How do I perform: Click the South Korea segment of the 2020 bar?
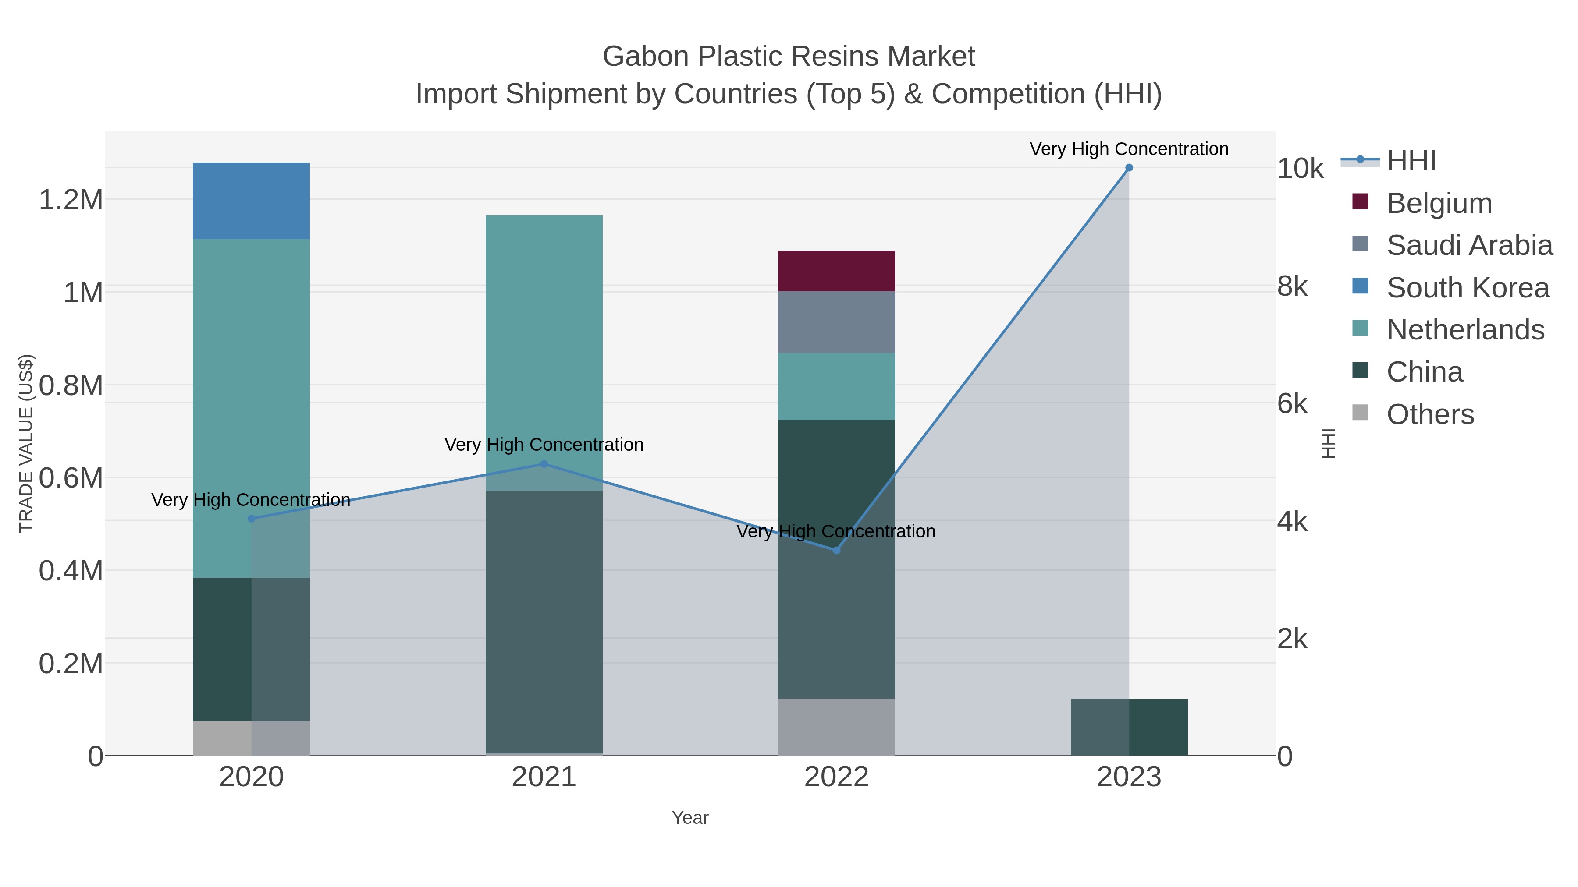[251, 201]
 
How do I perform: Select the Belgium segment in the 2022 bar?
[836, 271]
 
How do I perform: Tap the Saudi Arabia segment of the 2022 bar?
[836, 322]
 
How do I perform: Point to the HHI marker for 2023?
[1129, 168]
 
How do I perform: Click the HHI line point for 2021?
[544, 464]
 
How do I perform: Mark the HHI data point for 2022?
[836, 550]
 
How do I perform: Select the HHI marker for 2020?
[251, 519]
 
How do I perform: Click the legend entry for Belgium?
[1439, 203]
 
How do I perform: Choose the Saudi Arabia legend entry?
[1469, 245]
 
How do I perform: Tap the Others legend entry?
[1430, 414]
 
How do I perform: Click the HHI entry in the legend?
[1411, 161]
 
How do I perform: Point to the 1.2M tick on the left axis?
[71, 200]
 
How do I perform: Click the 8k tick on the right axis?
[1293, 286]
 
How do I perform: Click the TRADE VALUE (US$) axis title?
[26, 443]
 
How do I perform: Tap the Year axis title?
[690, 818]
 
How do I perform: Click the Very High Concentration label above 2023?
[1129, 149]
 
